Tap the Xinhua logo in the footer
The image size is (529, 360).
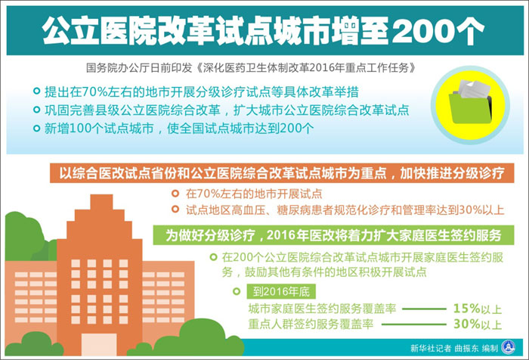point(509,347)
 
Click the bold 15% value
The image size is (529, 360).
point(466,309)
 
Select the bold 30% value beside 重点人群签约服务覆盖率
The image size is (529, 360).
point(466,324)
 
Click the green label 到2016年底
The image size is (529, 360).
point(281,291)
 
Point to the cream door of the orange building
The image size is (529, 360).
point(99,344)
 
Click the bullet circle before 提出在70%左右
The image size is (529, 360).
point(36,91)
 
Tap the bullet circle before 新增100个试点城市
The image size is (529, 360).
point(36,129)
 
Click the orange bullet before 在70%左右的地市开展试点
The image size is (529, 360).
point(175,194)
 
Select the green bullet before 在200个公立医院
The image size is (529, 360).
point(213,257)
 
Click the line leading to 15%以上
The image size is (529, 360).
point(424,309)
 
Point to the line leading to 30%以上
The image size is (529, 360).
point(413,324)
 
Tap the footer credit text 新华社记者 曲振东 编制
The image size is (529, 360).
point(454,348)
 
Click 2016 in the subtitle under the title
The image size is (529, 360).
point(320,68)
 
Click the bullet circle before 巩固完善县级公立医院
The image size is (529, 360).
point(36,110)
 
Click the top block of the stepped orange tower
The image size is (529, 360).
point(101,202)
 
